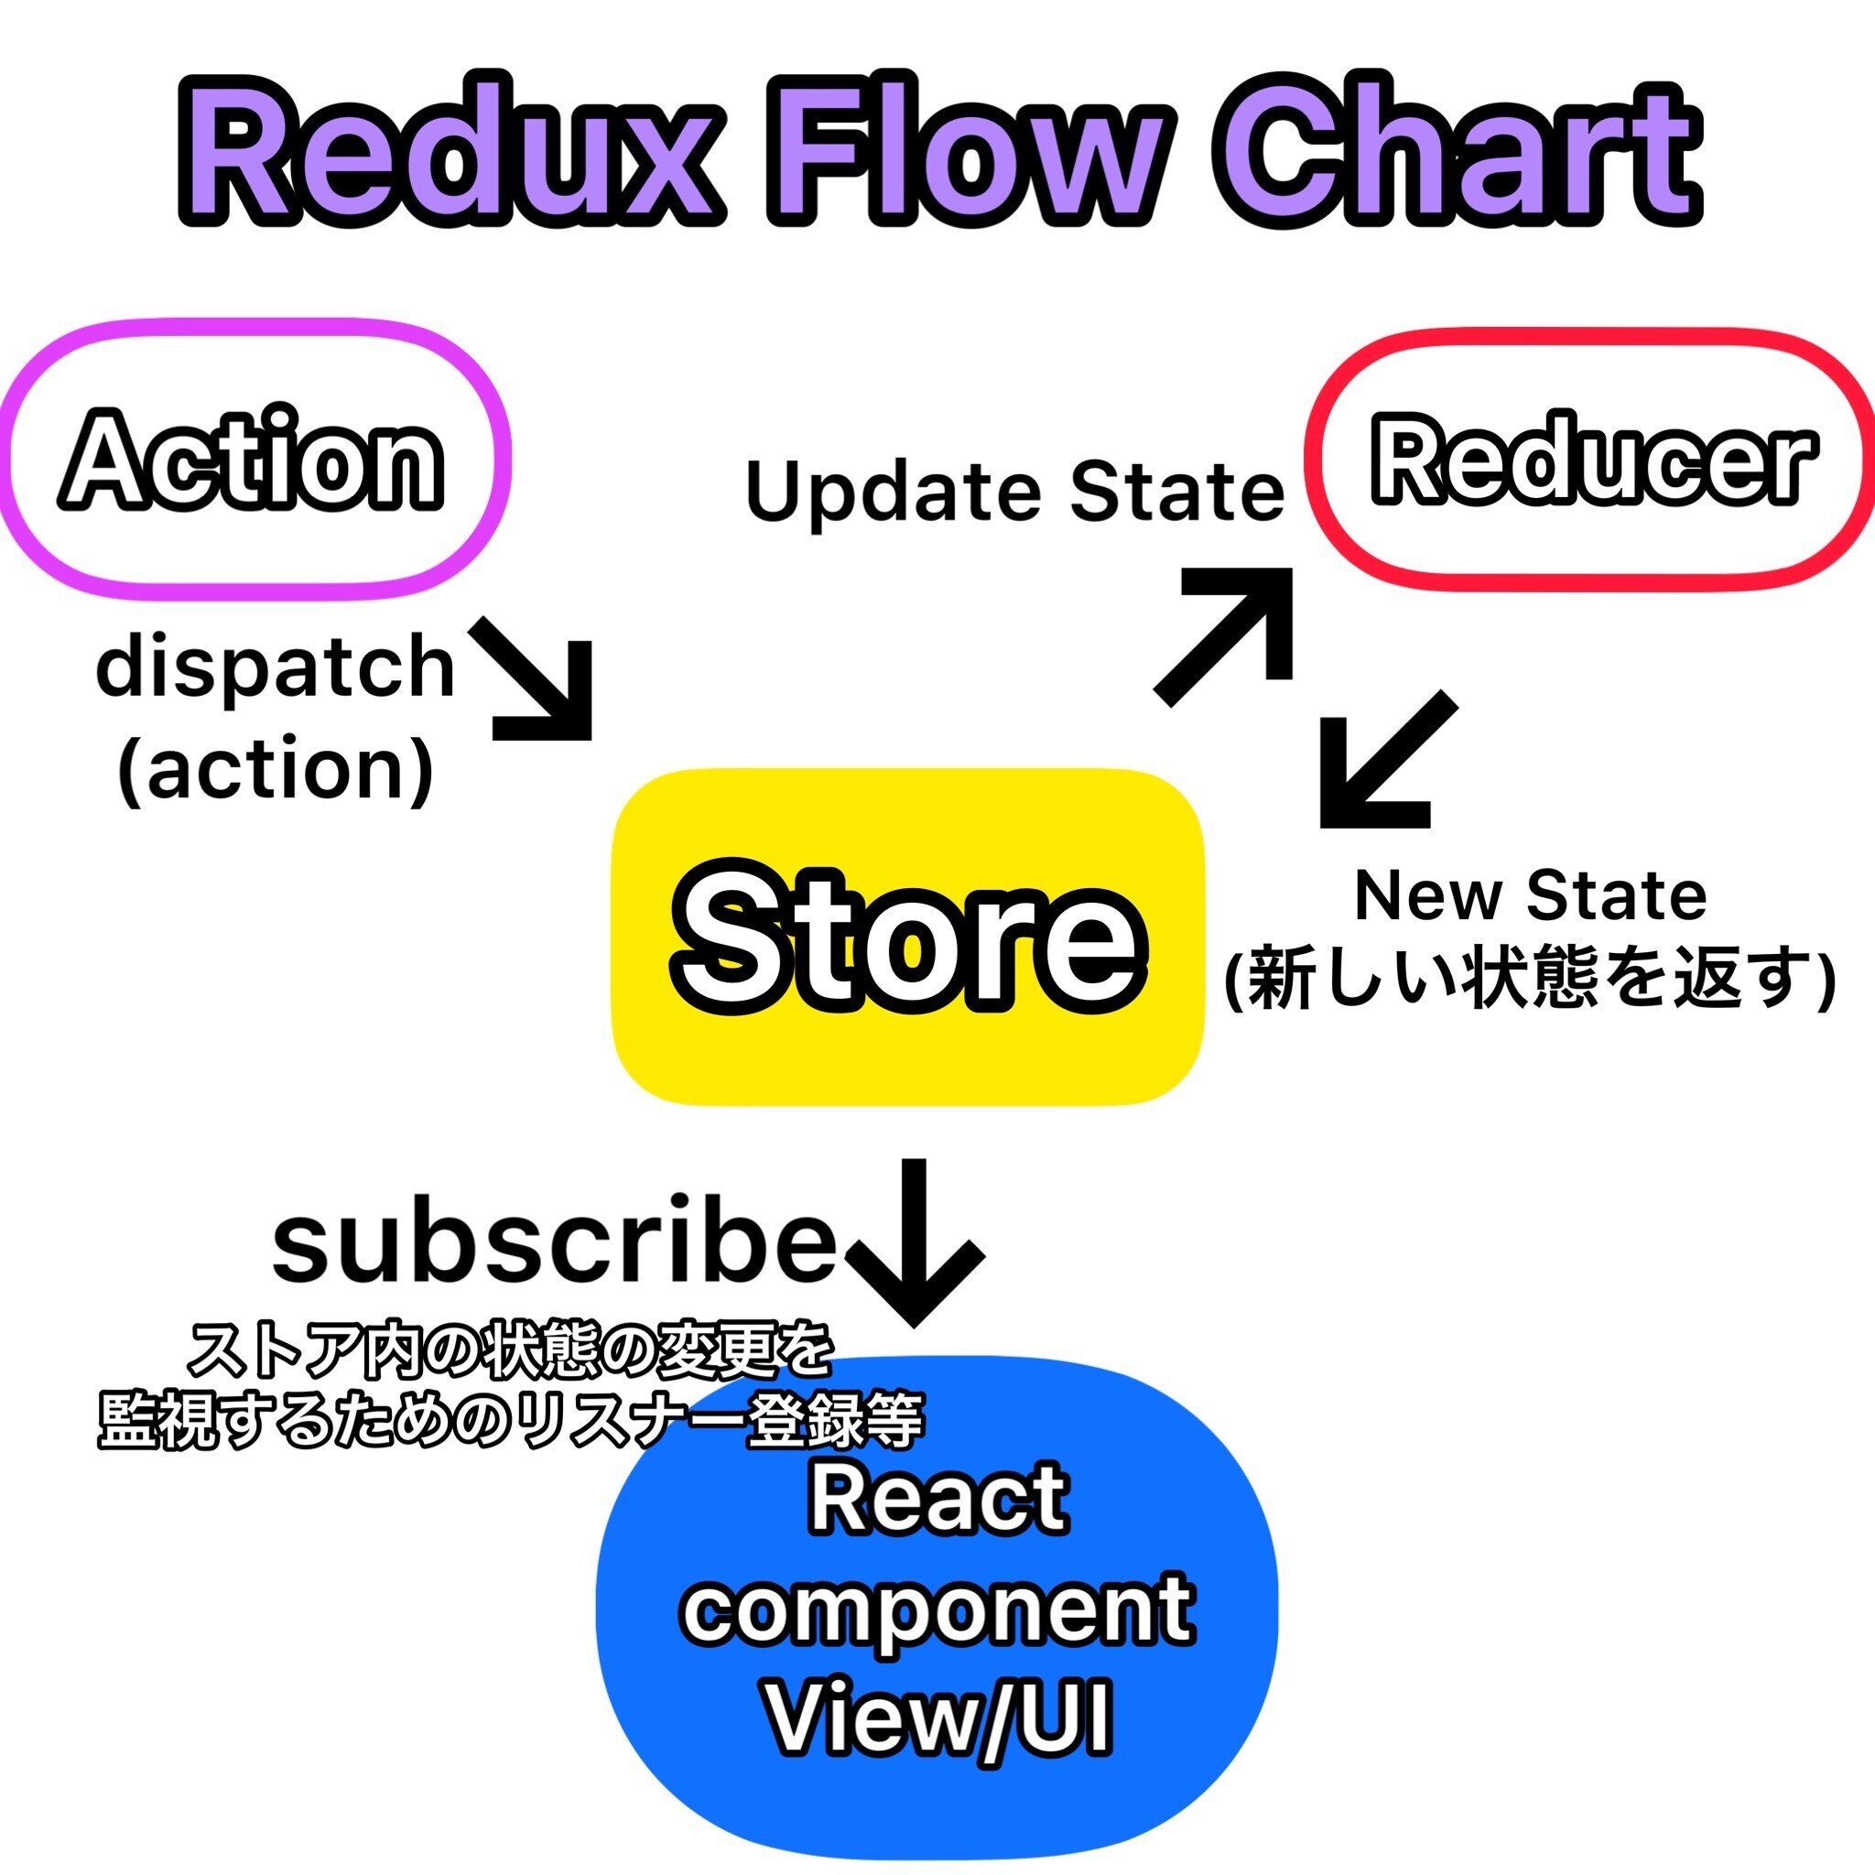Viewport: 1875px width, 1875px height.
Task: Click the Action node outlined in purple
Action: point(255,458)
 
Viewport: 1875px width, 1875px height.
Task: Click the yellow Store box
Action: point(908,937)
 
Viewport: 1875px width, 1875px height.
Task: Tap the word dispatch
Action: point(276,667)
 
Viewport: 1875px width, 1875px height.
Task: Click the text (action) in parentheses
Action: point(276,771)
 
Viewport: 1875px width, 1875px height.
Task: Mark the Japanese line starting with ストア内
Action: point(511,1351)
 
